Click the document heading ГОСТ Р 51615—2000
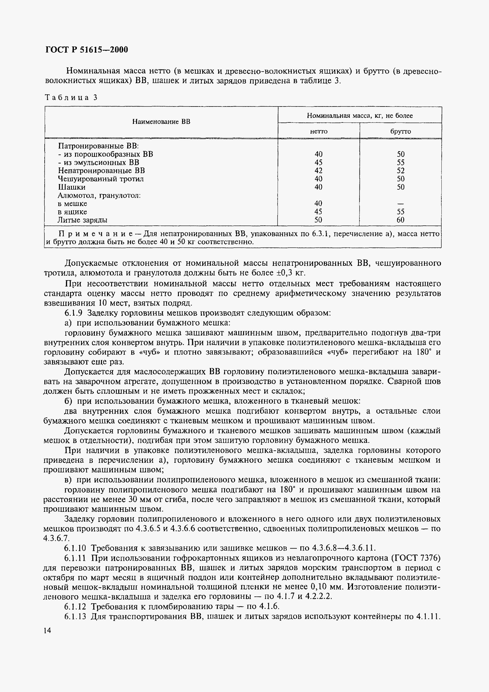86,49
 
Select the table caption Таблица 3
71,97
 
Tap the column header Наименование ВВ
161,122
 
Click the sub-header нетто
319,131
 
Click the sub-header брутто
401,131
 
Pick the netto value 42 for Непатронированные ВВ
318,171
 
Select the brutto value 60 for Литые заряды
401,220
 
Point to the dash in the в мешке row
401,204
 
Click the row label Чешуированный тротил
101,179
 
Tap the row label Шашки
72,187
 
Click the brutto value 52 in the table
401,171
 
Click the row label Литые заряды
82,220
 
